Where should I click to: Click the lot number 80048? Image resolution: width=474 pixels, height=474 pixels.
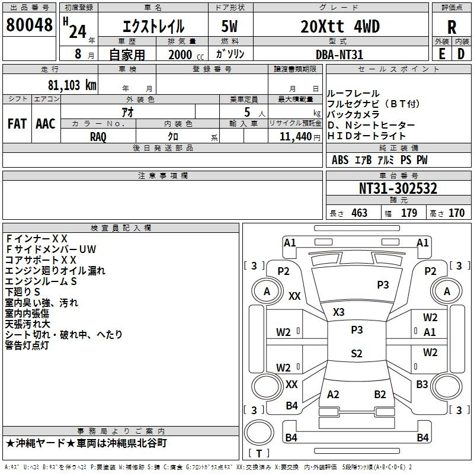29,25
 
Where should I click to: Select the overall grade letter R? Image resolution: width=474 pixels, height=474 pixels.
451,27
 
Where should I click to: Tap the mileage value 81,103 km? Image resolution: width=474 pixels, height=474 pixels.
72,85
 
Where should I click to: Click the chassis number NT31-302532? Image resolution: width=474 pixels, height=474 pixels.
398,188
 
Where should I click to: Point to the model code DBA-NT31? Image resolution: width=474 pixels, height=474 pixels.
339,55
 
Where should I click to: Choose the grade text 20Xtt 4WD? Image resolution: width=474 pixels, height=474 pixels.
340,27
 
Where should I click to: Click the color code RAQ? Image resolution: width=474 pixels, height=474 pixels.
98,137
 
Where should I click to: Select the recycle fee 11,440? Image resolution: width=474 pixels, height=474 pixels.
296,137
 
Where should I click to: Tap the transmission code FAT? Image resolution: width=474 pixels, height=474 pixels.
17,124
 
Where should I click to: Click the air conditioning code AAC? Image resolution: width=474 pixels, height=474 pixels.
46,124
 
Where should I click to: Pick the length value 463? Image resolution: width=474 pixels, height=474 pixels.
359,213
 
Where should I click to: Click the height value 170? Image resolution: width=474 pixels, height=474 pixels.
456,213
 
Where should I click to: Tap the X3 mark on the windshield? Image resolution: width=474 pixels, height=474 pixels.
338,312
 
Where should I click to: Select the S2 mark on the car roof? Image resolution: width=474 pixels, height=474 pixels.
357,353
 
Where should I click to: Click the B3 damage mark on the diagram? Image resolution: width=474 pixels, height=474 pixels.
422,384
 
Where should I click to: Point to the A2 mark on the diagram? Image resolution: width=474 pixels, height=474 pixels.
333,394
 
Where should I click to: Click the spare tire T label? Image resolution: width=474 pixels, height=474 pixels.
259,453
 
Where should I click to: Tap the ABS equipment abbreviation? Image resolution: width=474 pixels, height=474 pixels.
340,160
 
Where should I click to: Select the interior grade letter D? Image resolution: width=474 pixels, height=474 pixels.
461,54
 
